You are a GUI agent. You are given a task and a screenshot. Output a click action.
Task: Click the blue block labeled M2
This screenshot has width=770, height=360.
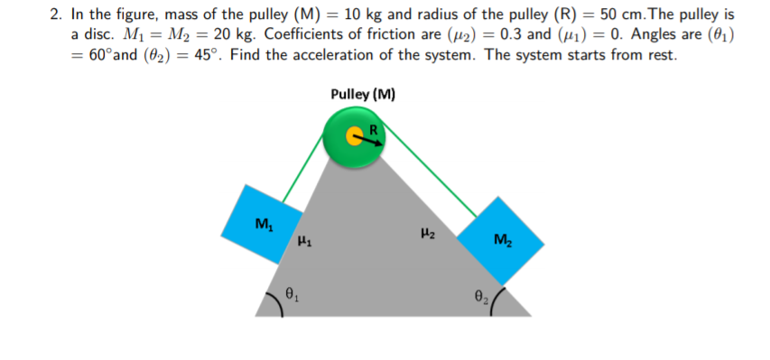click(500, 239)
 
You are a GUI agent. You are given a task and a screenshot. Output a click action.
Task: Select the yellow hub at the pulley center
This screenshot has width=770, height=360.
click(356, 136)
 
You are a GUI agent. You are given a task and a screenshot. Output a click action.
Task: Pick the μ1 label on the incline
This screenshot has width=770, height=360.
click(306, 241)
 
